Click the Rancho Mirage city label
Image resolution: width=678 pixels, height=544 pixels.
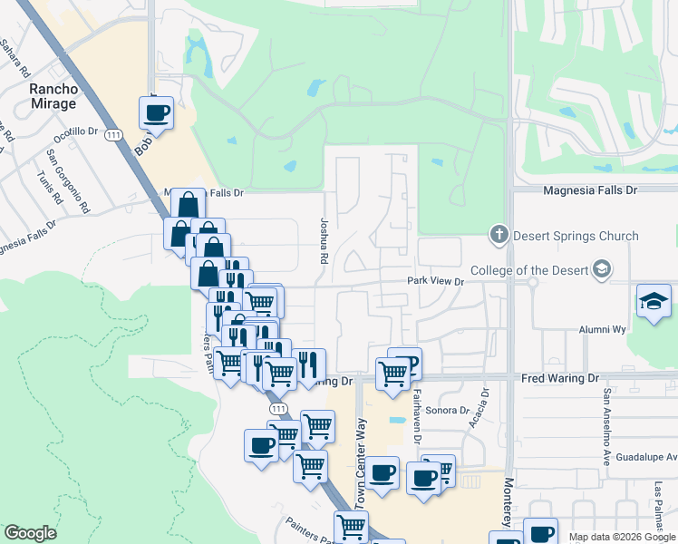pyautogui.click(x=53, y=97)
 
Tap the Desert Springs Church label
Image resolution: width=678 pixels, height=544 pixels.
pyautogui.click(x=576, y=236)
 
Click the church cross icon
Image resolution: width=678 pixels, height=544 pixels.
pyautogui.click(x=498, y=235)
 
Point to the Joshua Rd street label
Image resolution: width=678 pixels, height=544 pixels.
pyautogui.click(x=324, y=240)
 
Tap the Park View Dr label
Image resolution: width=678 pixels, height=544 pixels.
pyautogui.click(x=435, y=282)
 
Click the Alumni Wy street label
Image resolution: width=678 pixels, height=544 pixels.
pyautogui.click(x=602, y=330)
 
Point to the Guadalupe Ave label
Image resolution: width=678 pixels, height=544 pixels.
pyautogui.click(x=640, y=457)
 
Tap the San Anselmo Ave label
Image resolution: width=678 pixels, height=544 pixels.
pyautogui.click(x=606, y=427)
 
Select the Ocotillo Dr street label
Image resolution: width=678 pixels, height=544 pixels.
pyautogui.click(x=75, y=133)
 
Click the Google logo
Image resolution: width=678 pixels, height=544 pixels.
pyautogui.click(x=30, y=533)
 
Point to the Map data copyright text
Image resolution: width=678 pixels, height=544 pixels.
pyautogui.click(x=621, y=537)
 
